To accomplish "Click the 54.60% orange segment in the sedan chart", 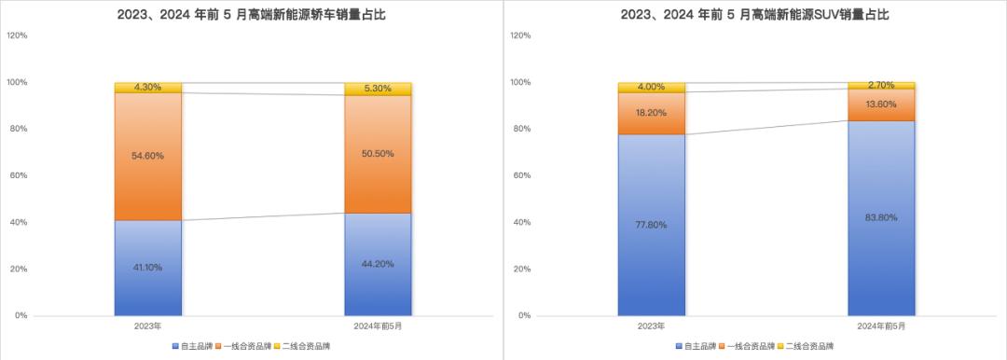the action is pos(148,157).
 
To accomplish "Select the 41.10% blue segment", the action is pos(148,268).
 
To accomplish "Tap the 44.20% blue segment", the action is pos(378,264).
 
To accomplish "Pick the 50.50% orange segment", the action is pos(378,154).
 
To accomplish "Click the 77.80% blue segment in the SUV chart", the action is pos(652,225).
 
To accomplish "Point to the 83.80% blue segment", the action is pos(881,218).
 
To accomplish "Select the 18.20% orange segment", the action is pos(652,113).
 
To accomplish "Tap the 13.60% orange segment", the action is pos(881,104).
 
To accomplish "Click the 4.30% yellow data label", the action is pos(148,88).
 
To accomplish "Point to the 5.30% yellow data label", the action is pos(378,89).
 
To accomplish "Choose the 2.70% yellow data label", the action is pos(881,85).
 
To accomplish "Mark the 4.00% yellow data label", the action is pos(652,88).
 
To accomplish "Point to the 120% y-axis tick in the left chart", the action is pos(17,36).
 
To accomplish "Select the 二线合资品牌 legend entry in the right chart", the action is pos(806,347).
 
